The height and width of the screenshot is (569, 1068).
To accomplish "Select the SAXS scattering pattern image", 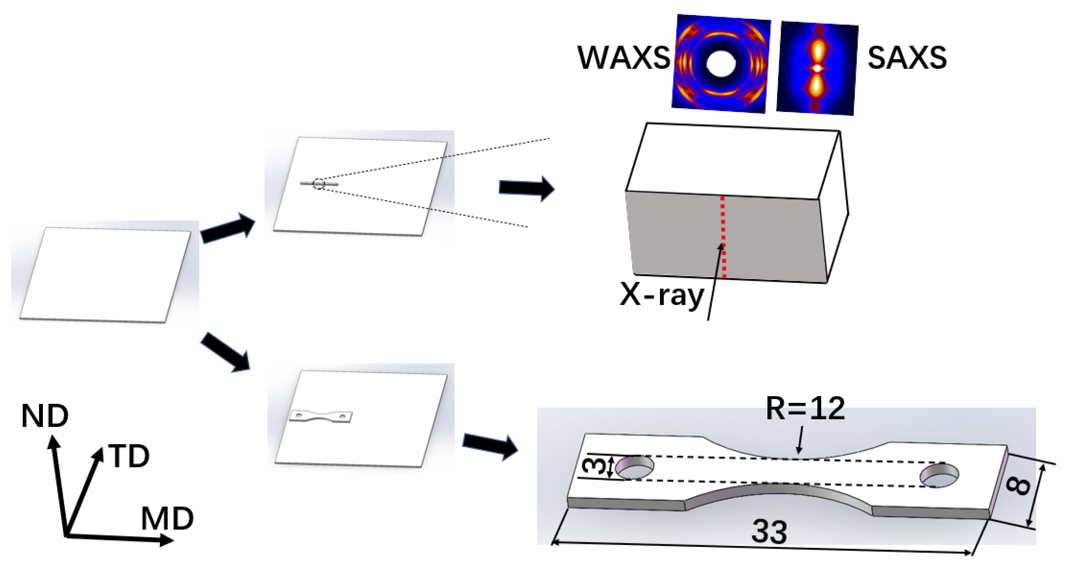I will click(817, 68).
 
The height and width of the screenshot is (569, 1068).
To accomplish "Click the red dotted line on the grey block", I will click(723, 236).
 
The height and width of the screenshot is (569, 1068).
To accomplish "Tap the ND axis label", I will click(45, 416).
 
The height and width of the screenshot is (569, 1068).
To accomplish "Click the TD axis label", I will click(129, 456).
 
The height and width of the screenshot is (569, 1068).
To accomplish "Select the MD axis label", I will click(167, 518).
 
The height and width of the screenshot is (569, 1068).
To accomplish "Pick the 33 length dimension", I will click(769, 532).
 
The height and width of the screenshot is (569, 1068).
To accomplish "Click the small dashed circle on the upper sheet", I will click(318, 184).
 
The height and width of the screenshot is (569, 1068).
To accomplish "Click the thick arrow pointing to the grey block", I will click(526, 188).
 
